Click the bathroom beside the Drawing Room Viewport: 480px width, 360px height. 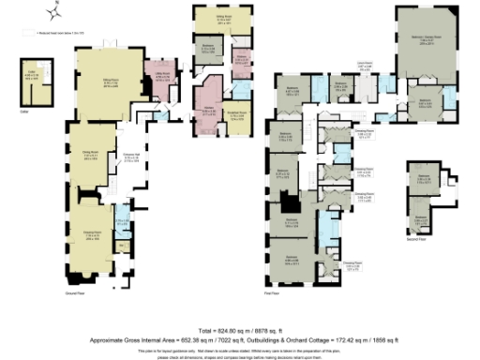coord(121,225)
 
